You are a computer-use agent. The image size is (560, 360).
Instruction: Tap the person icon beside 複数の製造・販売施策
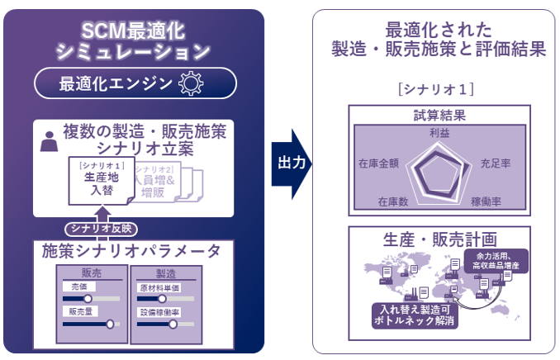49,140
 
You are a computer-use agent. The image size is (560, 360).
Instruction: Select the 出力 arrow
292,163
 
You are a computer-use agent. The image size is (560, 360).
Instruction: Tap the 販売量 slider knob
110,324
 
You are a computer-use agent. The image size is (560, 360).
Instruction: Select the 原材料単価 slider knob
162,298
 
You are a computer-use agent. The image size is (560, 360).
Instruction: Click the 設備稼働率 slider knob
173,324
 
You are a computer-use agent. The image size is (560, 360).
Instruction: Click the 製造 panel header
166,272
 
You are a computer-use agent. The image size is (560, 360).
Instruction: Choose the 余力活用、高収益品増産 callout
493,261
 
